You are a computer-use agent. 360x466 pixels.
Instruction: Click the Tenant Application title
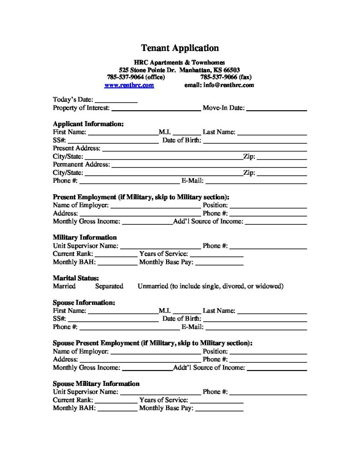[x=180, y=48]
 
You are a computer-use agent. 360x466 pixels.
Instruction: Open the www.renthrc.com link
[x=129, y=85]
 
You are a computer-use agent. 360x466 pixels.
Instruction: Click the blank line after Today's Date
[x=116, y=100]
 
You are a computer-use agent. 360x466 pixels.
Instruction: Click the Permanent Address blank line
[x=209, y=165]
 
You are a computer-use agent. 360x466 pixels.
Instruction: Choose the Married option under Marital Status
[x=64, y=286]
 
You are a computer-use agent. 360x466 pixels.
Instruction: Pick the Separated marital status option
[x=109, y=286]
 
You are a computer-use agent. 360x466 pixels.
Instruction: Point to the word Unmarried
[x=152, y=286]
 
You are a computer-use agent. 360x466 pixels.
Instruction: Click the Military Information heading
[x=85, y=238]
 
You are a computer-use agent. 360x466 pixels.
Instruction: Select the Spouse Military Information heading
[x=96, y=384]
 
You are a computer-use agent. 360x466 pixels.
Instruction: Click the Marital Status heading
[x=76, y=278]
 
